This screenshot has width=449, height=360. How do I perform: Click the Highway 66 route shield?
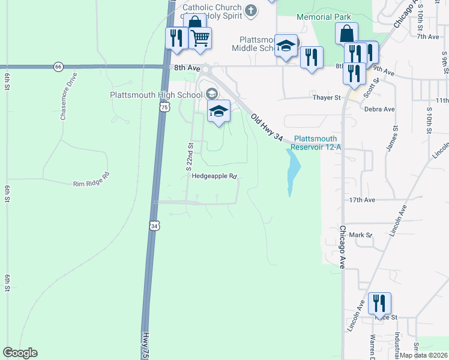pyautogui.click(x=58, y=67)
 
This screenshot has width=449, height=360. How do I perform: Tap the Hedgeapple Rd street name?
pyautogui.click(x=215, y=176)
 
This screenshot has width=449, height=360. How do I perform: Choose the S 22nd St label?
pyautogui.click(x=189, y=155)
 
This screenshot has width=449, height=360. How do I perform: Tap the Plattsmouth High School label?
pyautogui.click(x=156, y=95)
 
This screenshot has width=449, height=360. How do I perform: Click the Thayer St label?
pyautogui.click(x=326, y=97)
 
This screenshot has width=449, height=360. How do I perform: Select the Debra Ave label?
pyautogui.click(x=379, y=109)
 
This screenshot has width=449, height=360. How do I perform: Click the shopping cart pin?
pyautogui.click(x=200, y=38)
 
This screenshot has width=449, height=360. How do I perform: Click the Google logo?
pyautogui.click(x=20, y=353)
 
